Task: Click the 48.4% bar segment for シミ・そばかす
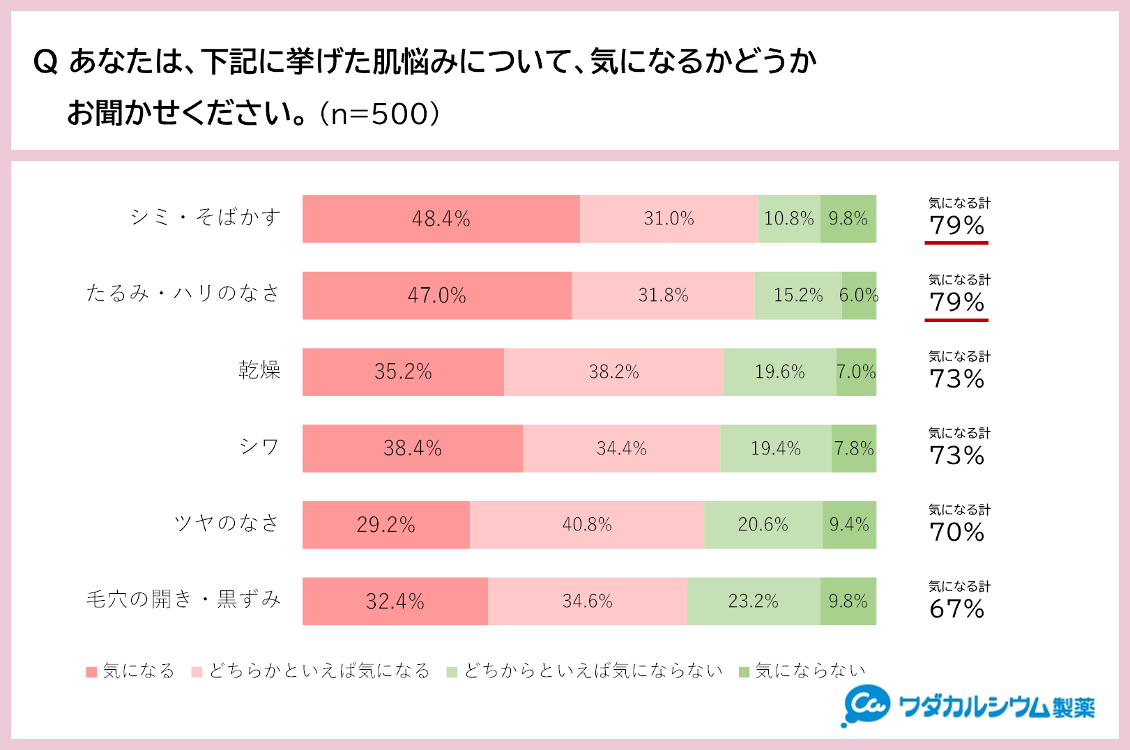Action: pyautogui.click(x=441, y=219)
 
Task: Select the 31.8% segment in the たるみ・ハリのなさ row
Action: pyautogui.click(x=663, y=296)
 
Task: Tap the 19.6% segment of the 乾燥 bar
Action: pyautogui.click(x=779, y=372)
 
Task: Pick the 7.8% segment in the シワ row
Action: pyautogui.click(x=854, y=448)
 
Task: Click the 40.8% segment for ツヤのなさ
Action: pyautogui.click(x=587, y=525)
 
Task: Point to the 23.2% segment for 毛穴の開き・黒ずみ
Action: pyautogui.click(x=754, y=601)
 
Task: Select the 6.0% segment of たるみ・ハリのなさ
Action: pyautogui.click(x=859, y=296)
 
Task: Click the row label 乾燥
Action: pyautogui.click(x=259, y=370)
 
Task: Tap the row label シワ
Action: pyautogui.click(x=259, y=447)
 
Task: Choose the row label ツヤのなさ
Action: pyautogui.click(x=227, y=523)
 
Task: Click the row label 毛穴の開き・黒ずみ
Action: pyautogui.click(x=183, y=599)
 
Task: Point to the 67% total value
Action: pyautogui.click(x=957, y=609)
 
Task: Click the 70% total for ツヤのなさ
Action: pyautogui.click(x=957, y=533)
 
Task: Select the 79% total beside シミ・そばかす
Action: pyautogui.click(x=957, y=226)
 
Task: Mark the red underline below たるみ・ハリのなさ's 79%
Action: pyautogui.click(x=956, y=320)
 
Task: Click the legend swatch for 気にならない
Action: pyautogui.click(x=744, y=672)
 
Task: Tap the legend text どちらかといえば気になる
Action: pyautogui.click(x=319, y=671)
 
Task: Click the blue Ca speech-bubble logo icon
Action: pyautogui.click(x=866, y=705)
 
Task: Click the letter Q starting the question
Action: pyautogui.click(x=45, y=63)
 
